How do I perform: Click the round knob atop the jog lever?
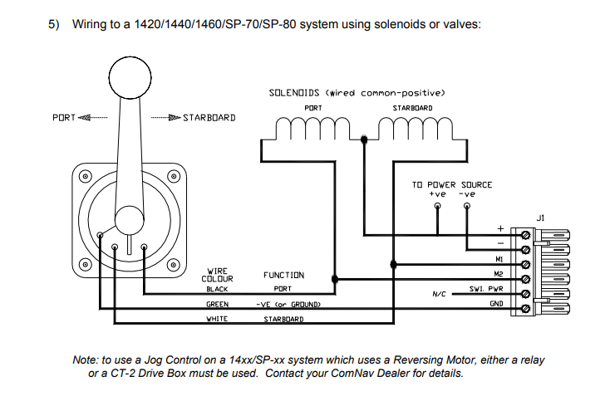130,77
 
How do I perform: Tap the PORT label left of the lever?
64,118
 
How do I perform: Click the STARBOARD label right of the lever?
209,118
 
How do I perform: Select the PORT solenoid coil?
312,129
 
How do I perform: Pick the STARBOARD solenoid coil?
416,129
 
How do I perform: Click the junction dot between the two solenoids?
364,139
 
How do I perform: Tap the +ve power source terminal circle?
438,206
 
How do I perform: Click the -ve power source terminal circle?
467,206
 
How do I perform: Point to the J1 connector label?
540,218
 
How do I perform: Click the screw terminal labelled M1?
525,265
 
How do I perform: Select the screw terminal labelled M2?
525,279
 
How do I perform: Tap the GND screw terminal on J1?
525,309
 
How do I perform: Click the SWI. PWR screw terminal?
525,294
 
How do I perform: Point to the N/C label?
439,294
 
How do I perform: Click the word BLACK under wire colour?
217,289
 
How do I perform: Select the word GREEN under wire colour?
217,304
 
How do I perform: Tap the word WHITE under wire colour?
217,319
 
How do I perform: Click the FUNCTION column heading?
283,275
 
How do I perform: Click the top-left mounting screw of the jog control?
86,176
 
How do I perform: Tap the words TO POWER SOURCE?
452,184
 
